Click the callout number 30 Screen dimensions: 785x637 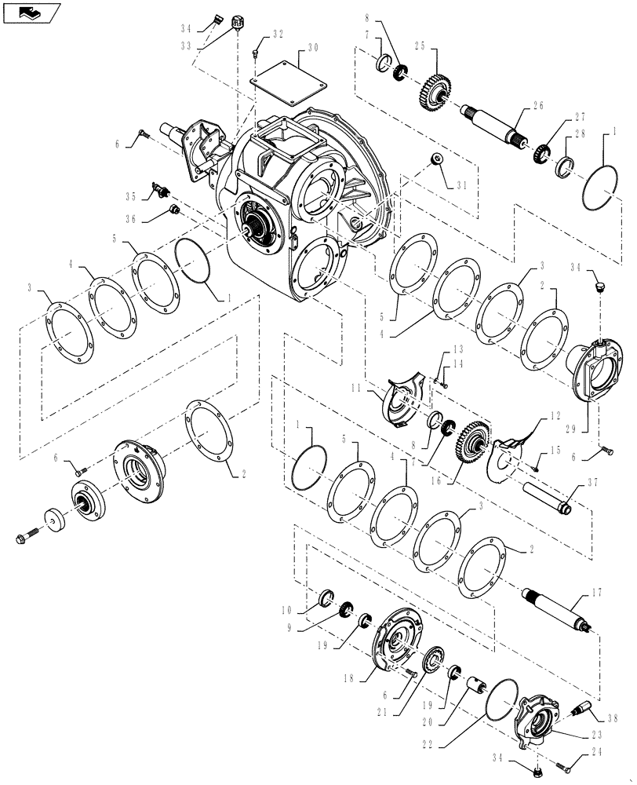[x=312, y=48]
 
